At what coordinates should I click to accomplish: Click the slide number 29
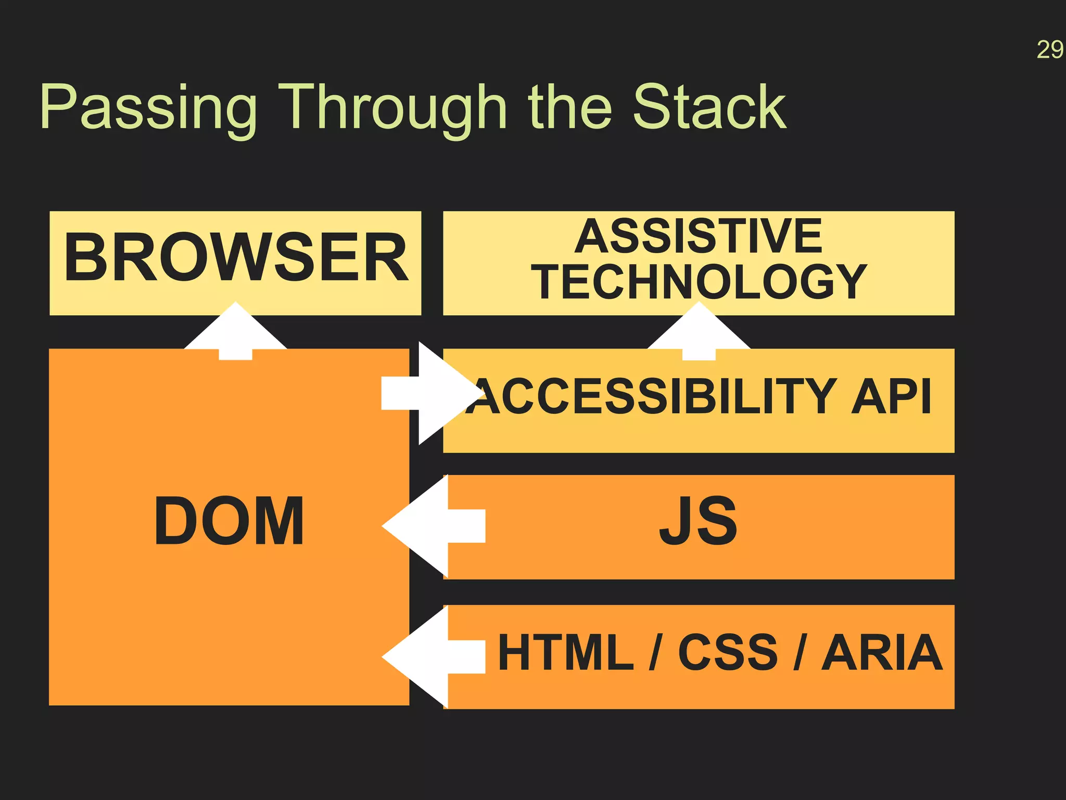click(1049, 51)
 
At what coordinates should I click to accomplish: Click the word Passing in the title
click(148, 108)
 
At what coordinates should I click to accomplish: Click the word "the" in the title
click(569, 107)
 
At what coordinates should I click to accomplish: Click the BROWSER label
click(235, 258)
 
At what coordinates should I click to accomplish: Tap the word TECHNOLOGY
click(699, 282)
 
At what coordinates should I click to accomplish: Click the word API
click(891, 397)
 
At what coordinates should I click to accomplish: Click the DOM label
click(229, 521)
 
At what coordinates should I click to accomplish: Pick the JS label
click(699, 521)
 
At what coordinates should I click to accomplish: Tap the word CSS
click(727, 652)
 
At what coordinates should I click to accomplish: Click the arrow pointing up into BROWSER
click(235, 333)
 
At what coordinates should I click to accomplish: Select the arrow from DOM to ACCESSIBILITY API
click(432, 394)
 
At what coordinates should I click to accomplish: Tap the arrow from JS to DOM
click(432, 526)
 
